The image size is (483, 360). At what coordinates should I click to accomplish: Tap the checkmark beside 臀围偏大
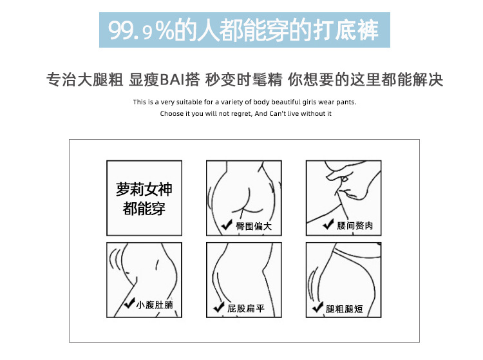click(227, 225)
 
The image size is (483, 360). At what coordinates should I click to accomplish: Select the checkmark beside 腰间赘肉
click(328, 224)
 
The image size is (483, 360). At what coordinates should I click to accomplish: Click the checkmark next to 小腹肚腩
click(129, 303)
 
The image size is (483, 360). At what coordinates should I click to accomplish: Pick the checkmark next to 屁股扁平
click(219, 307)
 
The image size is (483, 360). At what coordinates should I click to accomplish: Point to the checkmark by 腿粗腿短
click(317, 307)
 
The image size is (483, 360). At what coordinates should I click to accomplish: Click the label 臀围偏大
click(254, 226)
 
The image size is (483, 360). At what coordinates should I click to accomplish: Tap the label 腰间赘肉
click(355, 226)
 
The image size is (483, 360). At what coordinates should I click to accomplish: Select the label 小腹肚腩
click(155, 305)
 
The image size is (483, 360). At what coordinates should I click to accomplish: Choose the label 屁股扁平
click(246, 308)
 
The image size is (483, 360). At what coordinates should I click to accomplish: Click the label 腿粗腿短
click(345, 309)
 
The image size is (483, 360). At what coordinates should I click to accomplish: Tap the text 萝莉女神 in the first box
click(144, 189)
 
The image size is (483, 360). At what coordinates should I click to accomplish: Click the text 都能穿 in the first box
click(144, 209)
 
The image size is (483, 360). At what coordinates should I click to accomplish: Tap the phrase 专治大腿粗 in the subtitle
click(85, 80)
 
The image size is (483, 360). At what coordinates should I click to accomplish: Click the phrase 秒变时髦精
click(243, 80)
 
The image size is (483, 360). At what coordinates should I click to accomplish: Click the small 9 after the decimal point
click(148, 33)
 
